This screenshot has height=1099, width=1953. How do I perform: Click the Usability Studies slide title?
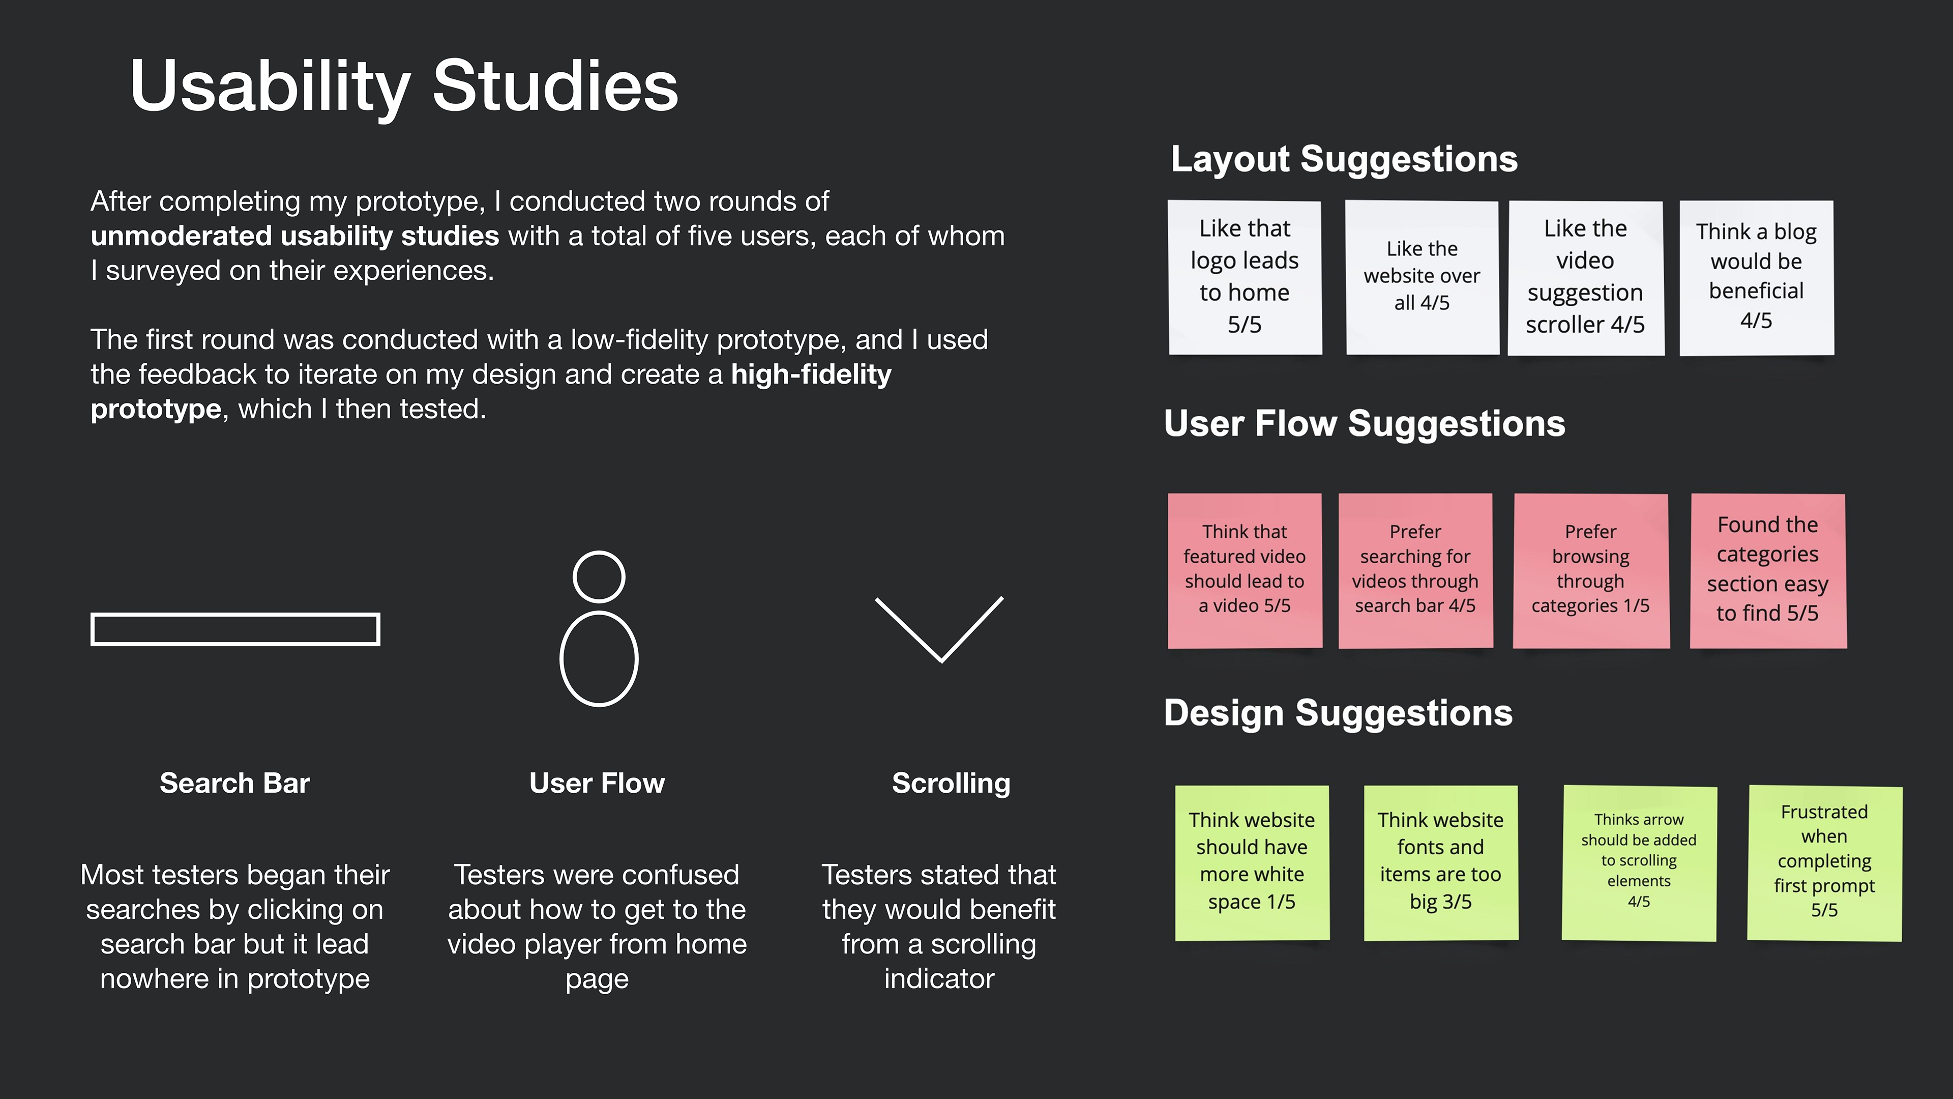tap(403, 86)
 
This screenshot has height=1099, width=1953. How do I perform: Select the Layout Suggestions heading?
tap(1343, 159)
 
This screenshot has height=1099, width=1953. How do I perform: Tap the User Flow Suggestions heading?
tap(1364, 423)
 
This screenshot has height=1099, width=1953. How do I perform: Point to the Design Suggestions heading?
tap(1338, 713)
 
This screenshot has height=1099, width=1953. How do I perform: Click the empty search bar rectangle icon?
tap(235, 629)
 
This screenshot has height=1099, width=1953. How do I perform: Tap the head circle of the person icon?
tap(599, 576)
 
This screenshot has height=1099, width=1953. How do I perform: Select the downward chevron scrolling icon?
tap(939, 629)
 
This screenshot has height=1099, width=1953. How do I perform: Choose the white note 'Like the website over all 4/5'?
tap(1422, 277)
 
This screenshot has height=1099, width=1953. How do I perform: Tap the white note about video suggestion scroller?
tap(1585, 277)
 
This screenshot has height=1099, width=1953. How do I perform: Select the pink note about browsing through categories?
tap(1590, 570)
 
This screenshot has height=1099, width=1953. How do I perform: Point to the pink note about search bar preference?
tap(1415, 570)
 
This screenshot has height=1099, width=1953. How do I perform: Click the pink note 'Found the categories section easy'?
tap(1767, 570)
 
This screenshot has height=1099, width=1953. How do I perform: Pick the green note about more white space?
tap(1252, 862)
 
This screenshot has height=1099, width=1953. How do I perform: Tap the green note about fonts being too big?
tap(1440, 862)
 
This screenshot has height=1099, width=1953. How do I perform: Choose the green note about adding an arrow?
tap(1638, 862)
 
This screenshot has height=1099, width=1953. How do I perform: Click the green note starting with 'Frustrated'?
tap(1824, 862)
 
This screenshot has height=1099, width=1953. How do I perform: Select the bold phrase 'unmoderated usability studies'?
tap(294, 236)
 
